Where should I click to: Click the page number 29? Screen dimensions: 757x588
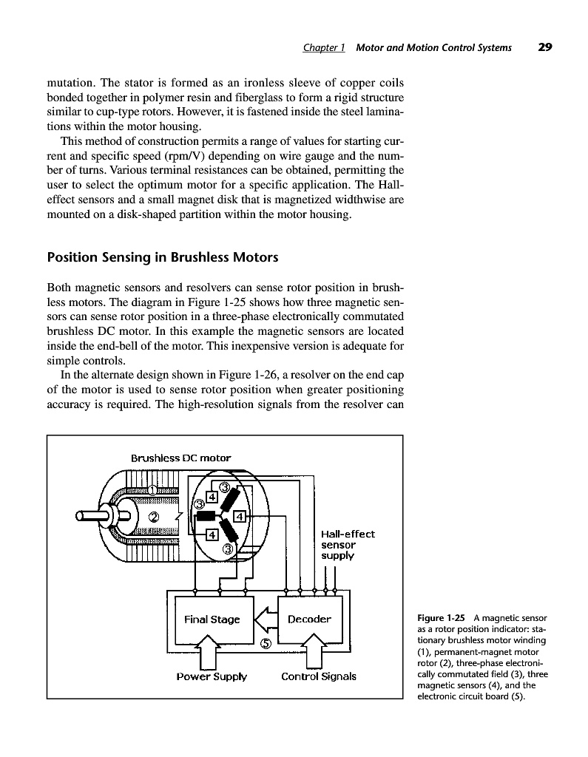pos(545,47)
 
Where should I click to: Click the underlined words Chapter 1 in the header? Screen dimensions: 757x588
pos(324,47)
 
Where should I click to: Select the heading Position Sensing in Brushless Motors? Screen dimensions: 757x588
pos(162,257)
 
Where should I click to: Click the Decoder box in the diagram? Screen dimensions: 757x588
pos(309,619)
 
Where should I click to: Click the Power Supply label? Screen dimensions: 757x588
pos(212,676)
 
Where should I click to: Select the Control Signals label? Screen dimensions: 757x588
pos(319,676)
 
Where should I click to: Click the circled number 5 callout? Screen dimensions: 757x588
pos(266,644)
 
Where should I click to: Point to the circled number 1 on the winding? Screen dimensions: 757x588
pos(152,490)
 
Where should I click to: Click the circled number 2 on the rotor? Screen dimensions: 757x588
pos(154,516)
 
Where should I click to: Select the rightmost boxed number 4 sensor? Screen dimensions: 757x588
pos(240,515)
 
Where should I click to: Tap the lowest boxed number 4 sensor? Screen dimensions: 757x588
pos(211,534)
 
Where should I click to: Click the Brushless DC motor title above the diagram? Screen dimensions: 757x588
pos(180,458)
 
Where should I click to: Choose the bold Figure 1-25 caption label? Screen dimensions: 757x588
pos(442,618)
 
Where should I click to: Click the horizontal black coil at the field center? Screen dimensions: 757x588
pos(205,515)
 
